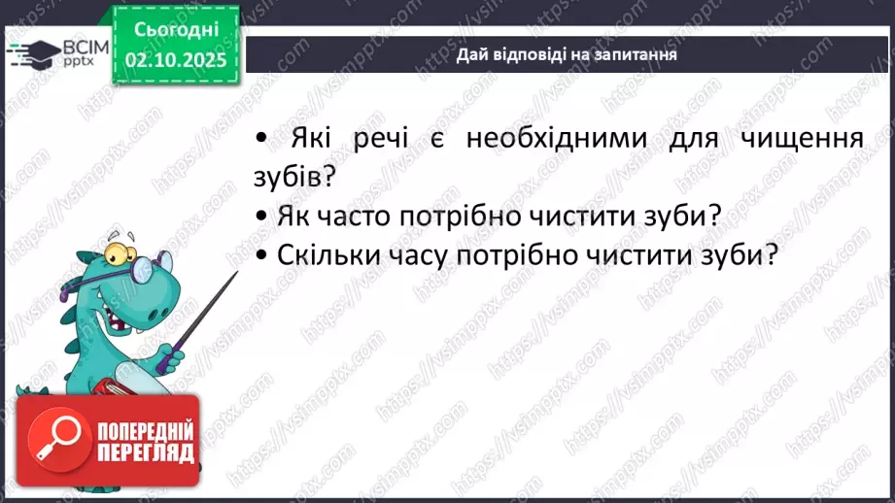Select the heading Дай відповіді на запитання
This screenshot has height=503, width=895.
pos(567,54)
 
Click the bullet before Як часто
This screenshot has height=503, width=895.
pos(261,216)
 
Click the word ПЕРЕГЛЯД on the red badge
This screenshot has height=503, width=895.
pos(147,453)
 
